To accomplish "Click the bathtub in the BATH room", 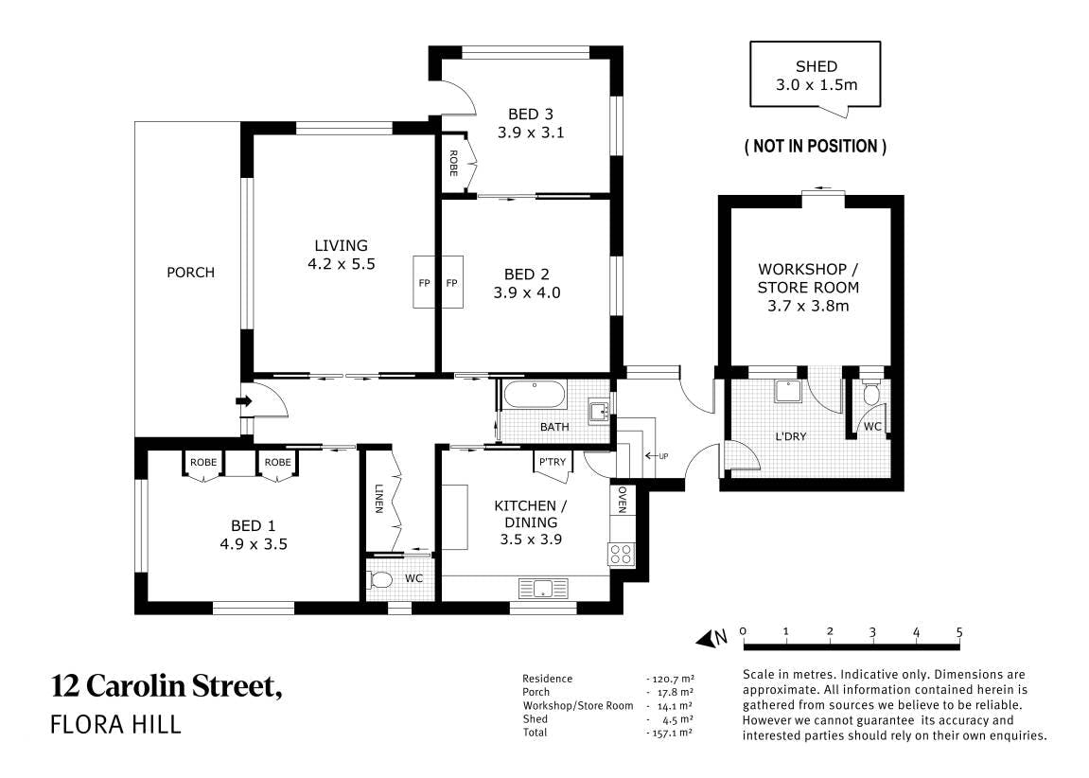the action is tap(535, 396).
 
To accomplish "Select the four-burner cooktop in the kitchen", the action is tap(621, 555).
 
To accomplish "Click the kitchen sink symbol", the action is tap(543, 589).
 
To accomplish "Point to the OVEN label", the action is tap(622, 500).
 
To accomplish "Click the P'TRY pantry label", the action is tap(553, 462).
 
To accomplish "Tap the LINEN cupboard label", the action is tap(378, 498).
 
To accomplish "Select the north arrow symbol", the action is tap(711, 638).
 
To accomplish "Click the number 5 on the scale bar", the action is tap(959, 632).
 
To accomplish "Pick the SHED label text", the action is tap(817, 66).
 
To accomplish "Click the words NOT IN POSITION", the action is tap(816, 147).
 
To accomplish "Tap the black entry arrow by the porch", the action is tap(244, 400).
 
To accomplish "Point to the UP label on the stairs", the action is tap(663, 456).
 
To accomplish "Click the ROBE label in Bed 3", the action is tap(453, 163).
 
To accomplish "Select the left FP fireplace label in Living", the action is tap(424, 283).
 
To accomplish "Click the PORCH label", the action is tap(190, 273).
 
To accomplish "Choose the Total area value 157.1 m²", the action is tap(670, 733).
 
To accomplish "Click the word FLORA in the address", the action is tap(89, 724).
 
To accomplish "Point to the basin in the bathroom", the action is tap(598, 411).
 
